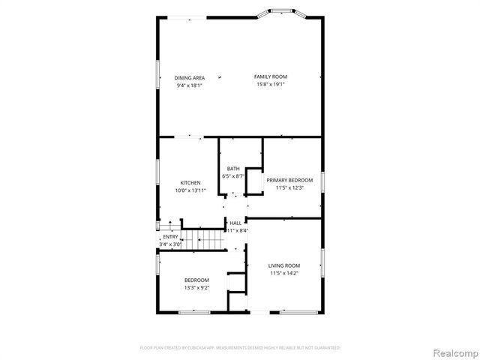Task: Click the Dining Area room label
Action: (x=190, y=78)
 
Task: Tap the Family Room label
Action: (x=271, y=76)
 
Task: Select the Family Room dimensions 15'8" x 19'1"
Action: (x=271, y=84)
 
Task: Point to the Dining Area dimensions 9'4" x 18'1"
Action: (x=190, y=85)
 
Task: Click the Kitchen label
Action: (x=190, y=183)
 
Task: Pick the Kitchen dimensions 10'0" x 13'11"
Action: (x=190, y=190)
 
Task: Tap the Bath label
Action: (x=233, y=169)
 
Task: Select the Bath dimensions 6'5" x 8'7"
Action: (x=233, y=176)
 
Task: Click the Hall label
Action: (x=235, y=223)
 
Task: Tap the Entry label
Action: (x=170, y=237)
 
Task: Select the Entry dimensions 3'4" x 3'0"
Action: (x=170, y=244)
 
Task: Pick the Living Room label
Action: (x=284, y=265)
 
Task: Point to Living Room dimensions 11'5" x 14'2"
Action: (x=284, y=273)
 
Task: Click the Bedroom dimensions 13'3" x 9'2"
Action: (x=196, y=288)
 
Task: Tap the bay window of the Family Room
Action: (x=282, y=11)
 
